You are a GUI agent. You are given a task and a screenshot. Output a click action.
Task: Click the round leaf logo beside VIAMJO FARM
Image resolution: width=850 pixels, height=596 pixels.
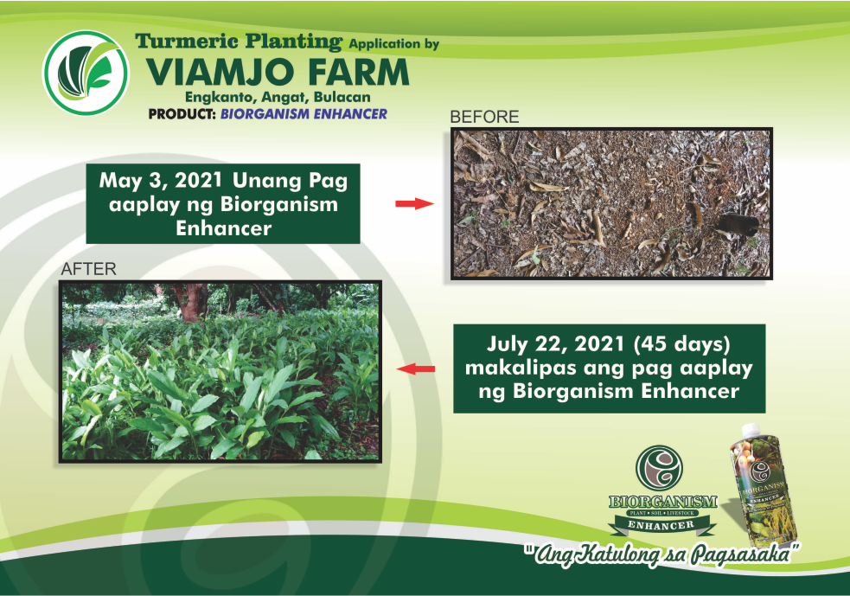point(86,73)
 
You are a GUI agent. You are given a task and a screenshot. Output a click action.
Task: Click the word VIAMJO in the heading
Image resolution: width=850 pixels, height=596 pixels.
point(220,72)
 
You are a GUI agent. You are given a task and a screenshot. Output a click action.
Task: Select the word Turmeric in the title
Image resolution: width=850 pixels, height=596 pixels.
point(187,41)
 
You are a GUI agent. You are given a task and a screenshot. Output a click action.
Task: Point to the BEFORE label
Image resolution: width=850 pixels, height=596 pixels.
point(484,117)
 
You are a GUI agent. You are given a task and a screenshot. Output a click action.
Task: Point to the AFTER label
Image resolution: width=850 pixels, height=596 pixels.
point(88,268)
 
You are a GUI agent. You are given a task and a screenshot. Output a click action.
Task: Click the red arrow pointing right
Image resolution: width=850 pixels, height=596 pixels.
point(415,204)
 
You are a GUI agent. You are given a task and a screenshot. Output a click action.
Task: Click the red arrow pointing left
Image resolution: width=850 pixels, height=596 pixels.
point(416,368)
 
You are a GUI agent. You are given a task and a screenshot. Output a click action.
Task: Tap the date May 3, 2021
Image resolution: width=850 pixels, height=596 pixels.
point(161,181)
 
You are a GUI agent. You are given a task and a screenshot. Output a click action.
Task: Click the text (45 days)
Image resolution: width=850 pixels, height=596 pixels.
point(682,344)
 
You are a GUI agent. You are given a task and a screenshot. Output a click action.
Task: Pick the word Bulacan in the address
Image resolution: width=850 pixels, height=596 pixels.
point(342,97)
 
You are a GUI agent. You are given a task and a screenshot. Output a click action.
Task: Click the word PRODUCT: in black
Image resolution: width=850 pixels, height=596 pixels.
point(182,114)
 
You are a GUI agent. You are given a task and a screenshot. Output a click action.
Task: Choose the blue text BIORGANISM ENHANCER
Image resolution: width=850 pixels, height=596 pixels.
point(304,114)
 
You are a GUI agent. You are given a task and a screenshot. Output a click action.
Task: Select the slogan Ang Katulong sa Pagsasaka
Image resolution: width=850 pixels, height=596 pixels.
point(661,554)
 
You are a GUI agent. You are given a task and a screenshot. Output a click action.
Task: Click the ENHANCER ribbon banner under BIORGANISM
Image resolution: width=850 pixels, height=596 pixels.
point(661,525)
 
